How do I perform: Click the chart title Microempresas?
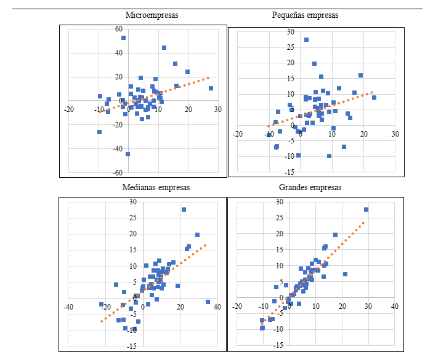[x=152, y=15]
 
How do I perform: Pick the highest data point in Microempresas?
[x=123, y=38]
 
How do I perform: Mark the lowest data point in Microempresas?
[x=128, y=154]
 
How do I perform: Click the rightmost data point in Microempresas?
[x=211, y=89]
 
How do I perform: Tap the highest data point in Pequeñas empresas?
[x=306, y=40]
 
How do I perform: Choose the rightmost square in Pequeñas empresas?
[x=374, y=98]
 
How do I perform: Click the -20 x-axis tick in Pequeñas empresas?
[x=238, y=134]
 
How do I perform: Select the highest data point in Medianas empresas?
[x=184, y=210]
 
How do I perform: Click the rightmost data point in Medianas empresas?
[x=208, y=302]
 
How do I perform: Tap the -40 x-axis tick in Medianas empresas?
[x=69, y=307]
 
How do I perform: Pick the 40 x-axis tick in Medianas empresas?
[x=217, y=307]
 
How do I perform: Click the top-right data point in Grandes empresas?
[x=366, y=210]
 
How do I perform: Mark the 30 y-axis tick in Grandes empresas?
[x=280, y=202]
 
